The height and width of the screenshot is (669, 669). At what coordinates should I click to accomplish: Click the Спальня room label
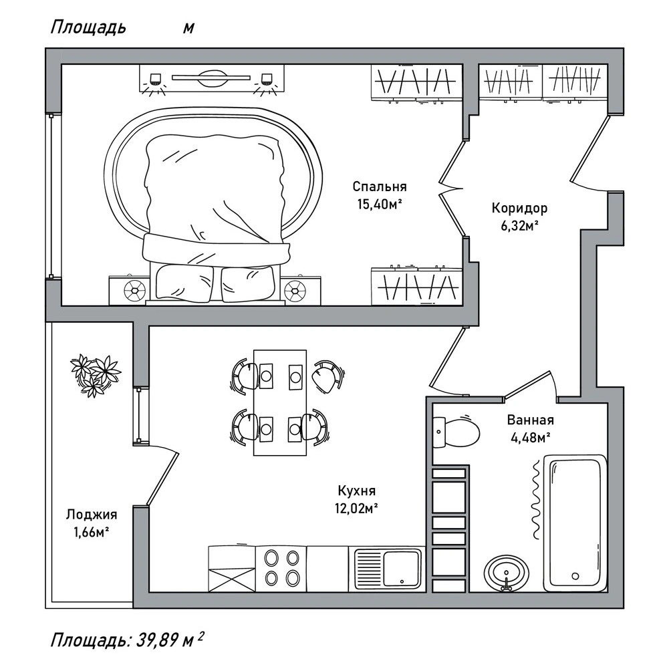pos(380,187)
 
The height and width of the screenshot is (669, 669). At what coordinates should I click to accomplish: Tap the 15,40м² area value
pos(380,205)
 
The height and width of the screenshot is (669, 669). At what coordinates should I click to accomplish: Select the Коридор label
pos(519,209)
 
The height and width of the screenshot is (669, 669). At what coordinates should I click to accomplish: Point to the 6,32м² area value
pos(519,226)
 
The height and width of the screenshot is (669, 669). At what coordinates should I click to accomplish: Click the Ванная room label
pos(531,420)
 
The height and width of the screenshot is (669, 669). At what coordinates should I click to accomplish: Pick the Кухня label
pos(357,491)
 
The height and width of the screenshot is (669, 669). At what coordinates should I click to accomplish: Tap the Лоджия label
pos(92,515)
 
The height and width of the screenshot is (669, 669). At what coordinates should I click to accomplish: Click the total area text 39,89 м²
pos(170,640)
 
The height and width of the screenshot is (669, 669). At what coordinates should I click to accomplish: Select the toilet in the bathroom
pos(456,431)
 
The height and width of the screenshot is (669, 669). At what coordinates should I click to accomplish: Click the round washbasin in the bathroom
pos(507,573)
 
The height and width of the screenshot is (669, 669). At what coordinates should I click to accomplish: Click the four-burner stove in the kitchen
pos(281,569)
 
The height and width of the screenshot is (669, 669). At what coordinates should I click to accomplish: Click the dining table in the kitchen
pos(280,402)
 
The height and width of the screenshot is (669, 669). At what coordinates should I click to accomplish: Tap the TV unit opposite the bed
pos(211,78)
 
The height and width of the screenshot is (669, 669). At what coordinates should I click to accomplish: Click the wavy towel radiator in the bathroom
pos(535,500)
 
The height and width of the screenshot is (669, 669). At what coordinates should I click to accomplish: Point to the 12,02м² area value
pos(357,509)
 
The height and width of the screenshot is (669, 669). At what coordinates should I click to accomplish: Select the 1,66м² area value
pos(92,533)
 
